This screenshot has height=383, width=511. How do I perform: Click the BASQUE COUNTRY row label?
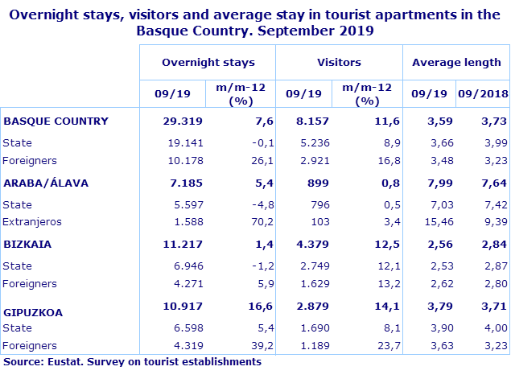(x=56, y=121)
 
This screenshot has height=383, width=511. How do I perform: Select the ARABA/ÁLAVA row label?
(x=46, y=183)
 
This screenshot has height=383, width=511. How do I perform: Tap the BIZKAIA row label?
(x=30, y=244)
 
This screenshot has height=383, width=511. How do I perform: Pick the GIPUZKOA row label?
(x=34, y=311)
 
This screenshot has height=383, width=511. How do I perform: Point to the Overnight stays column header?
(x=208, y=62)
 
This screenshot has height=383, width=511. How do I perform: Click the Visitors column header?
(x=339, y=62)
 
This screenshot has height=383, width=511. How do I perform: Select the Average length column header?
(x=456, y=62)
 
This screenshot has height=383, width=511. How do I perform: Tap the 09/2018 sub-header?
(x=483, y=93)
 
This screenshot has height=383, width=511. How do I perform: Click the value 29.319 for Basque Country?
(x=183, y=121)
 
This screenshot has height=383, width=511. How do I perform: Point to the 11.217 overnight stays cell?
(x=183, y=244)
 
